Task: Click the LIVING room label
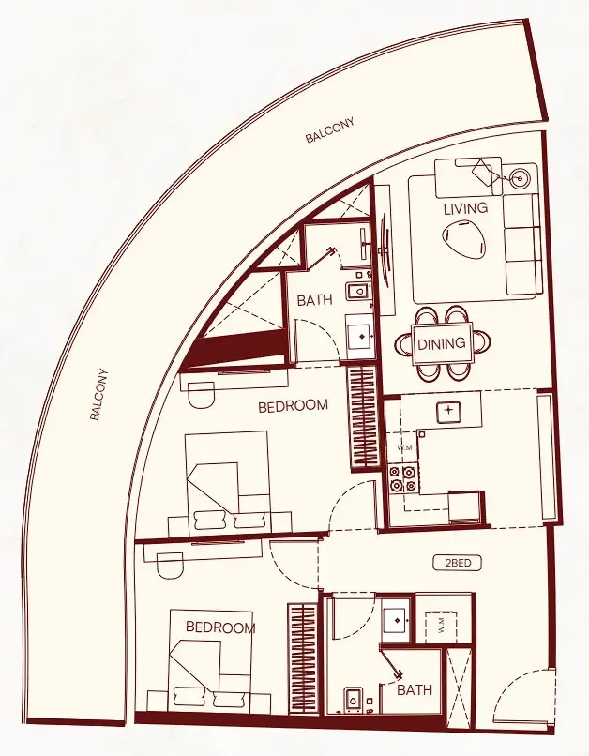tap(466, 208)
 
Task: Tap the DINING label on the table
tap(441, 344)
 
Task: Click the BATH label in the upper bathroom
tap(314, 301)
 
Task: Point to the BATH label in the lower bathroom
tap(415, 690)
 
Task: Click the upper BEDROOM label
tap(294, 405)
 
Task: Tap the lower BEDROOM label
tap(219, 627)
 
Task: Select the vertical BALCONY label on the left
tap(100, 394)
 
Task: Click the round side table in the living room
tap(521, 176)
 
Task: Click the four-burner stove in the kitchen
tap(402, 480)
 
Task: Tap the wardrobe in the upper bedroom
tap(361, 416)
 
